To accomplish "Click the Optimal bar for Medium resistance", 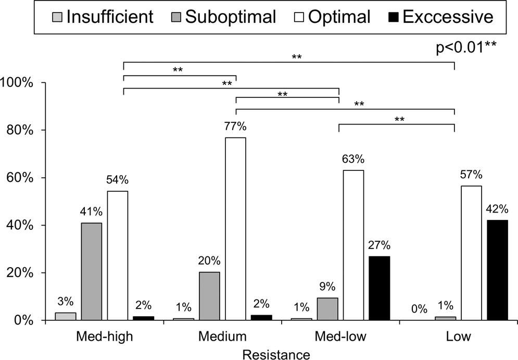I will coord(235,229).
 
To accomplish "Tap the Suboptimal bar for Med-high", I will coord(92,271).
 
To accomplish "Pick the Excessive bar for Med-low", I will coord(380,288).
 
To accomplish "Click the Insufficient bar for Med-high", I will coord(66,316).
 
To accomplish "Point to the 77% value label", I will coord(235,127).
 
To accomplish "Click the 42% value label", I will coord(497,208).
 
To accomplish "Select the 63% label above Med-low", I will coord(353,159).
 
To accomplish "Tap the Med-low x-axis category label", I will coord(341,336).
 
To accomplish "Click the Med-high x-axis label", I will coord(105,336).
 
